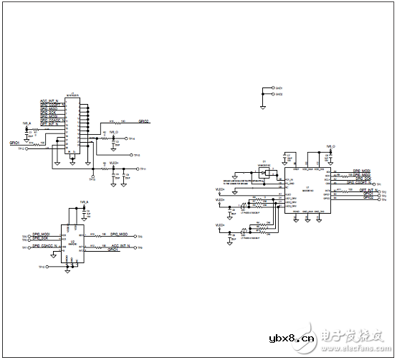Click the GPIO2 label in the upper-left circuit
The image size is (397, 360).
(x=143, y=121)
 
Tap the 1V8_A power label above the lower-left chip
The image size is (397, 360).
(x=84, y=203)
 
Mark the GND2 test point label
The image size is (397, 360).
(x=280, y=94)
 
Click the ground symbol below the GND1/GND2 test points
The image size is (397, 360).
(x=264, y=107)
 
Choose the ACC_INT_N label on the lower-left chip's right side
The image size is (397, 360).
(x=120, y=245)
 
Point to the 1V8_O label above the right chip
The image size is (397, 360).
(x=331, y=146)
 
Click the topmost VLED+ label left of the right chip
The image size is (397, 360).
(x=221, y=190)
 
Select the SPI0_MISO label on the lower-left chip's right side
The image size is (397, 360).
(x=119, y=234)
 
